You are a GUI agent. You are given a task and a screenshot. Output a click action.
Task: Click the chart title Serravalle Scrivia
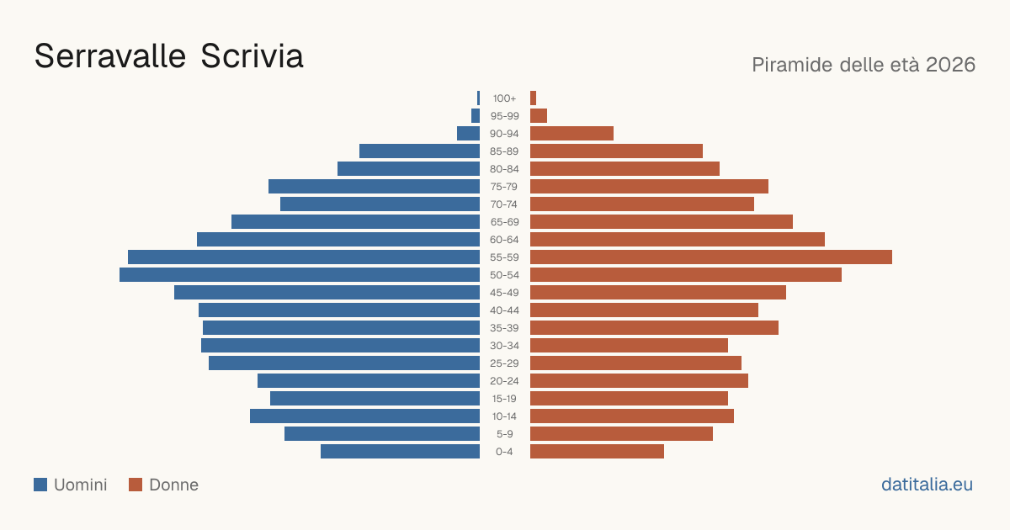click(168, 56)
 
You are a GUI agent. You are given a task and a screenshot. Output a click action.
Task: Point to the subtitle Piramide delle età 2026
click(864, 65)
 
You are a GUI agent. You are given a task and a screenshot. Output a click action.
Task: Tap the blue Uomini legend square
click(40, 485)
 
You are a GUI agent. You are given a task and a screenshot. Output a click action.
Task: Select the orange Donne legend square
click(136, 485)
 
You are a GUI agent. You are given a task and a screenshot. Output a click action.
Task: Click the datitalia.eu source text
click(927, 485)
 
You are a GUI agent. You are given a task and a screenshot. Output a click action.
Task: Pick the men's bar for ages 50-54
click(300, 275)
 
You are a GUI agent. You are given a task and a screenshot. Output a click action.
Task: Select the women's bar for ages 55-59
click(711, 257)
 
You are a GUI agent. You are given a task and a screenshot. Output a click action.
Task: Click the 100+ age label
click(504, 98)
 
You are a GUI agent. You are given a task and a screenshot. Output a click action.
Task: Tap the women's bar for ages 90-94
click(571, 134)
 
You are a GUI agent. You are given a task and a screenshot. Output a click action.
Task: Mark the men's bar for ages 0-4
click(400, 452)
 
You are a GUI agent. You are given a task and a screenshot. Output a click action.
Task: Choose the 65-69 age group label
click(504, 222)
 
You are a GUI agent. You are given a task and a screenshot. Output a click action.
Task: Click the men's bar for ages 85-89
click(419, 151)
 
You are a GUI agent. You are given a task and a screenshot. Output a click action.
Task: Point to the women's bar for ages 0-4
click(597, 452)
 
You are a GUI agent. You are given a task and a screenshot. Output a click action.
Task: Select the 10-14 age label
click(504, 416)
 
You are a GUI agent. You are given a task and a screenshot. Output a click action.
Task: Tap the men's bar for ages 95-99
click(476, 116)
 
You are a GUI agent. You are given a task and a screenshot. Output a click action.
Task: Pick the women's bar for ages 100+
click(533, 98)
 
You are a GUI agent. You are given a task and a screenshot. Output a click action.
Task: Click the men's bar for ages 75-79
click(374, 187)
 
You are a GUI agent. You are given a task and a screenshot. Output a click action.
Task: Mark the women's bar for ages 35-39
click(654, 328)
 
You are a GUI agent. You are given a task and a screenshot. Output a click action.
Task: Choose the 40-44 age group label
click(504, 310)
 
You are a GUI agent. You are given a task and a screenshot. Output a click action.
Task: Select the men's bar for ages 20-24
click(369, 381)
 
